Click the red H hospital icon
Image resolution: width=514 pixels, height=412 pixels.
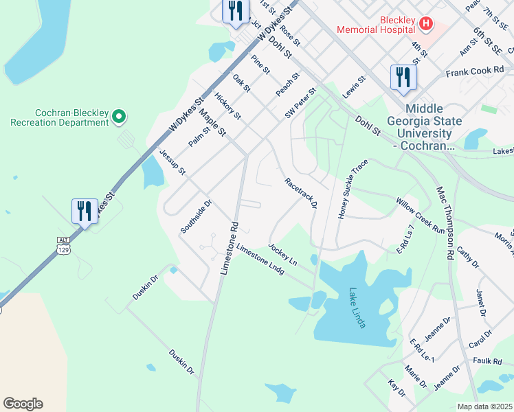pos(426,25)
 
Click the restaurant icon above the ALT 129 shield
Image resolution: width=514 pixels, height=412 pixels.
pos(85,211)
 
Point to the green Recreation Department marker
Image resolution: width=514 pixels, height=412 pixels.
pos(119,117)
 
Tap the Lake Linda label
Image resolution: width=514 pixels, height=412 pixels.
pos(356,308)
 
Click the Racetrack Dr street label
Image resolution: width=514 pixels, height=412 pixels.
pos(301,193)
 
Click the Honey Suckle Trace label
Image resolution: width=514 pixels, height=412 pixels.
pos(353,190)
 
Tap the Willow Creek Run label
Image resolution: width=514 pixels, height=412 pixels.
pos(420,216)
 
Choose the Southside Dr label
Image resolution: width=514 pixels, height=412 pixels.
pos(197,217)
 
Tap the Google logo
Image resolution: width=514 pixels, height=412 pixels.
pos(23,403)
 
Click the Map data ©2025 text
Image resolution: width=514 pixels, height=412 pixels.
pos(484,407)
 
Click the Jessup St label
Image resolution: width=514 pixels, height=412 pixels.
pos(172,162)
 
